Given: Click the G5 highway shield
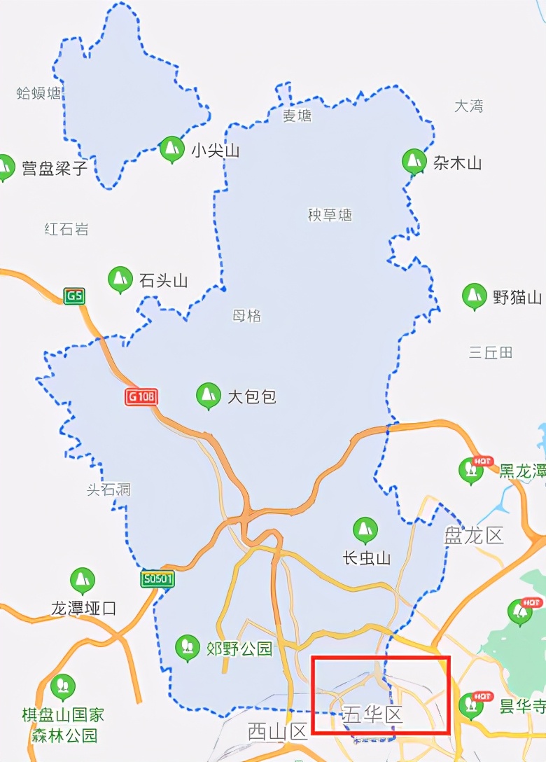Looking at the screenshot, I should coord(73,296).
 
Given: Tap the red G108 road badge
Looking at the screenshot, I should coord(141,397).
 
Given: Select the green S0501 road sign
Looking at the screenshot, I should coord(157,580).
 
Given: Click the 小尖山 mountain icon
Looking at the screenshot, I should coord(171,148).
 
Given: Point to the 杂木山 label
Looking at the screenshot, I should coord(457,164).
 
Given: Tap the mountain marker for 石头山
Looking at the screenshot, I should coord(120,279).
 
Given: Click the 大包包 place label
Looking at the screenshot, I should coord(252,397).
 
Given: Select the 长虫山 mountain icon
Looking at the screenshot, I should coord(365,530).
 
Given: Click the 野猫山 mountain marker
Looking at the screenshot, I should coord(475,296).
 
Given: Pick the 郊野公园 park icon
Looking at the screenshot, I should coord(187,648).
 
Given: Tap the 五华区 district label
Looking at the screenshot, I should coord(372,715).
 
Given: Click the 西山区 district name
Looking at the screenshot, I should coord(278,732).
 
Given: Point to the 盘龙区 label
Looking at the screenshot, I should coord(474,536).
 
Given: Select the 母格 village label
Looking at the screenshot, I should coord(246,316).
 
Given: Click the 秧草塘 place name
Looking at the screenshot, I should coord(330,215).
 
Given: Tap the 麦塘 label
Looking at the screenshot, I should coord(297,116).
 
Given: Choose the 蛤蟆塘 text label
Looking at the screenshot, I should coord(39,93).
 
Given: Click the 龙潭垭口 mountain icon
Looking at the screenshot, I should coord(83,581).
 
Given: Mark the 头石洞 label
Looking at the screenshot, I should coord(108,490).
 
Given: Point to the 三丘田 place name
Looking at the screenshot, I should coord(491,352).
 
